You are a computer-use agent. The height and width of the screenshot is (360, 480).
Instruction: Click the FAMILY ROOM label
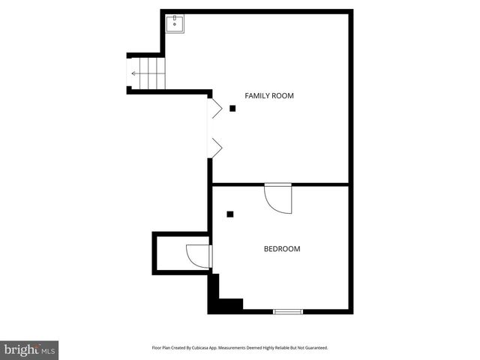[x=269, y=95]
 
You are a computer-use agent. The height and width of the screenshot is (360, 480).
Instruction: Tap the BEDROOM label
[x=281, y=248]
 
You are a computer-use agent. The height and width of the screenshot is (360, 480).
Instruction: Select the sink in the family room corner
[x=177, y=23]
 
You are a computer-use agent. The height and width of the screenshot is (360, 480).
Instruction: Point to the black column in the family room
[x=232, y=109]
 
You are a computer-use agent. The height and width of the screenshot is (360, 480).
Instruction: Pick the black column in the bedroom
[x=230, y=214]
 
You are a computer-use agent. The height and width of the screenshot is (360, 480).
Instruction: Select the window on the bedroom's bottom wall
[x=288, y=311]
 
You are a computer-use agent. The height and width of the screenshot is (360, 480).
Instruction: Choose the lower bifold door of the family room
[x=215, y=148]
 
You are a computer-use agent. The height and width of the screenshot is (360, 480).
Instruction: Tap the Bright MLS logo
[x=29, y=349]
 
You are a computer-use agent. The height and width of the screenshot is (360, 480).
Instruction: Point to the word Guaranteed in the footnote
[x=316, y=348]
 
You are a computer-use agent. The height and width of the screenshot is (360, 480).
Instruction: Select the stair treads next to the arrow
[x=154, y=73]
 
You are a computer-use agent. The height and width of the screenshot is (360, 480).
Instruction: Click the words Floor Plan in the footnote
[x=162, y=348]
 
